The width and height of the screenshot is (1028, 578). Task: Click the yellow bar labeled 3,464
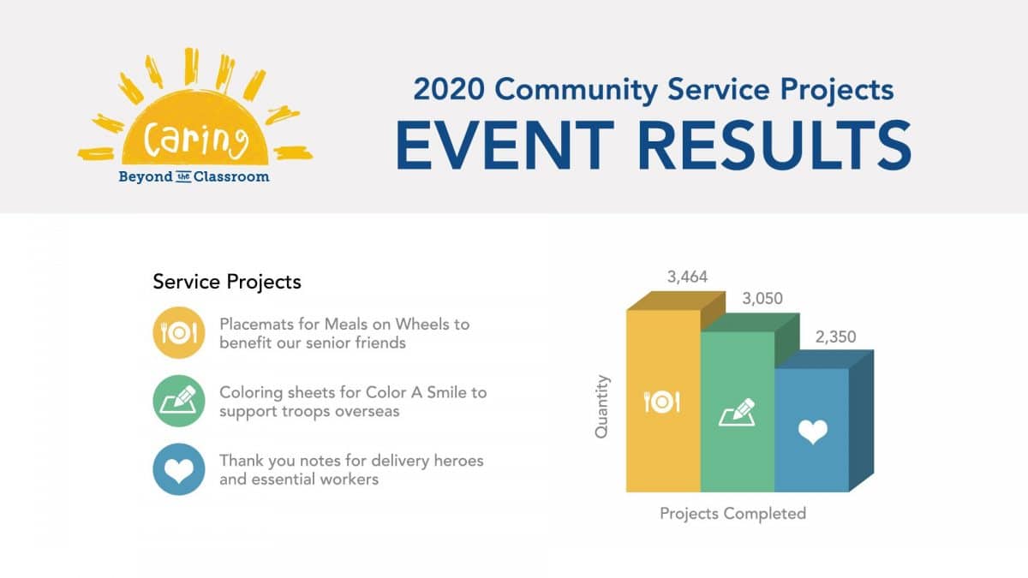pos(663,402)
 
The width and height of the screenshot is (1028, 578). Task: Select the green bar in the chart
pos(738,412)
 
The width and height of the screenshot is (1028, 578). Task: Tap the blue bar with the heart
pos(811,430)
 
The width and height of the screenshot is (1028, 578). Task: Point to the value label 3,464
pos(687,277)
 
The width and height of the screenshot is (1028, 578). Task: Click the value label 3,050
pos(762,299)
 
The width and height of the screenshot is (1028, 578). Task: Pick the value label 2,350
pos(836,337)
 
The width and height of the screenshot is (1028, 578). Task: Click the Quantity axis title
pos(601,407)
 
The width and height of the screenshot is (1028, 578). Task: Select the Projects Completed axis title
pos(733,513)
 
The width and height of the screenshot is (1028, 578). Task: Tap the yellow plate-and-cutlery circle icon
pos(179,332)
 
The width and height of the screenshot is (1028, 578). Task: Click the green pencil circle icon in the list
pos(179,401)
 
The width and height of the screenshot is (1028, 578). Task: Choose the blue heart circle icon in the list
pos(179,469)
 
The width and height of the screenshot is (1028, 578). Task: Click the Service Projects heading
pos(227,282)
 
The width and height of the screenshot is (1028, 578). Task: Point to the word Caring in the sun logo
pos(196,138)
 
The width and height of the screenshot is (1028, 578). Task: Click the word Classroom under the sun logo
pos(231,176)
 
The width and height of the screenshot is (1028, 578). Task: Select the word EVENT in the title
pos(505,145)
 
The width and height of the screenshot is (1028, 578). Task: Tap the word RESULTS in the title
pos(774,145)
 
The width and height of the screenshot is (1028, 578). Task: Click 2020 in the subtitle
pos(449,89)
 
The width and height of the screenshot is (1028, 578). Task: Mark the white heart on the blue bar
pos(813,432)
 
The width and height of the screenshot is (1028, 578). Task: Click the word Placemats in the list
pos(256,325)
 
